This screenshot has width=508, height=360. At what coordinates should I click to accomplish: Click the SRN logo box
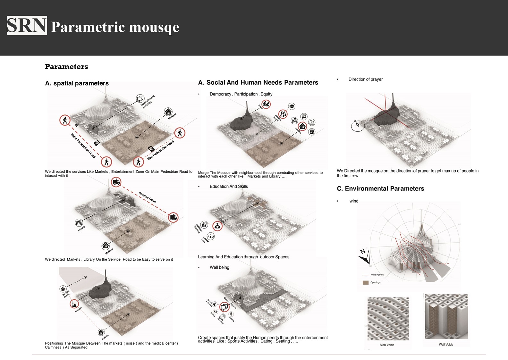coord(27,26)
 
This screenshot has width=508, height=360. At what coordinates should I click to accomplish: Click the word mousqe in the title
coord(154,28)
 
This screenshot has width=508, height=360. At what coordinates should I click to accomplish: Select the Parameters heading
coord(66,67)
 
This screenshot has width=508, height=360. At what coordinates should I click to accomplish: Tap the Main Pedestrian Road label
coord(83,146)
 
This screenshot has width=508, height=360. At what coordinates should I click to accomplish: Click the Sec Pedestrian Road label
coord(161,150)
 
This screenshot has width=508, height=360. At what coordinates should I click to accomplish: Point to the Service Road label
coord(148,197)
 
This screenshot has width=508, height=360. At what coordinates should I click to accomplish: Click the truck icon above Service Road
coord(116,182)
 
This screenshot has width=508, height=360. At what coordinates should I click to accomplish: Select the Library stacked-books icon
coord(79,222)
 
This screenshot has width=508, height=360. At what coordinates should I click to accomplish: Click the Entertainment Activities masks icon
coord(140,98)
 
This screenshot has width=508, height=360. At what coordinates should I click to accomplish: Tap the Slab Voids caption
coord(387,345)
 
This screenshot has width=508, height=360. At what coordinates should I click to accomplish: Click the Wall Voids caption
coord(446,345)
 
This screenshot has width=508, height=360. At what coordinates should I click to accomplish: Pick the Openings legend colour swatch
coord(365,283)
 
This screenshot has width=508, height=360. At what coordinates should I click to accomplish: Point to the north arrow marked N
coord(364,256)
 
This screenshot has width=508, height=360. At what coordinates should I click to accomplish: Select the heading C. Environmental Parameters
coord(380,188)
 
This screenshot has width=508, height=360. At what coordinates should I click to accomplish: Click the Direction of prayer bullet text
coord(365,79)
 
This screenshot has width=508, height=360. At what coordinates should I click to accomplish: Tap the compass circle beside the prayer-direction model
coord(358,125)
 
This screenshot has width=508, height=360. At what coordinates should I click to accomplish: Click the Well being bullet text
coord(219,267)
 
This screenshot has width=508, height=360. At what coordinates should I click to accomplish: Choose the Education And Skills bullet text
coord(229,186)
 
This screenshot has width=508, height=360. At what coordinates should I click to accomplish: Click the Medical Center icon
coord(63,289)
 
